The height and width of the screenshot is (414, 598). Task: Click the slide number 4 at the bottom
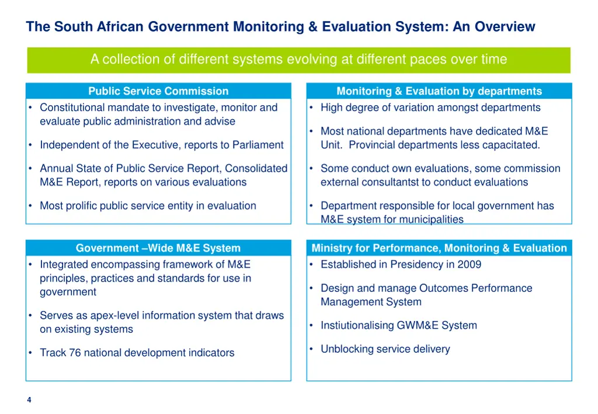coord(29,400)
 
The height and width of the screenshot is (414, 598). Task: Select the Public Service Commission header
coord(158,91)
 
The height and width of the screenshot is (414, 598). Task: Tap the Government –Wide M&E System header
coord(158,248)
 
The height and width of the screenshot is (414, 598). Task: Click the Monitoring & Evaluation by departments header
coord(439,91)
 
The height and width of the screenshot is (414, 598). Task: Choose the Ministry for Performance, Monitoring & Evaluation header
coord(439,248)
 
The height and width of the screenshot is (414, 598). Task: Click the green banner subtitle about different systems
coord(298,60)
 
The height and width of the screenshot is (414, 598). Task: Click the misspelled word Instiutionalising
coord(357,325)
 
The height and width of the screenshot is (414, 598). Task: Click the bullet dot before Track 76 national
coord(30,353)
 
